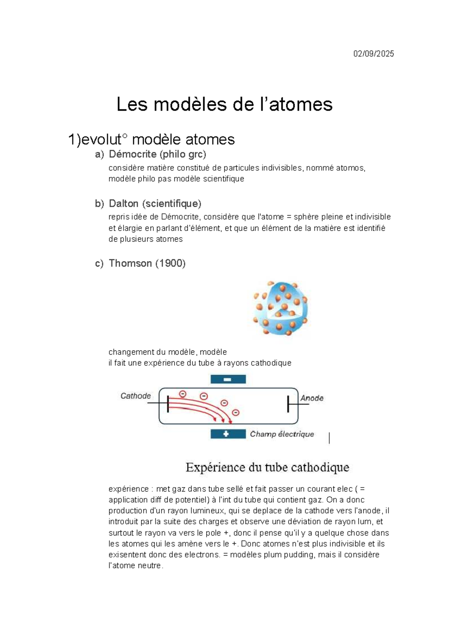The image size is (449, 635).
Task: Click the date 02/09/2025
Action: (x=373, y=54)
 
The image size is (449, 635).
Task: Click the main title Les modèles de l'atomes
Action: (x=224, y=104)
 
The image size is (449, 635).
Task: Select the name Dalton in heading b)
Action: (x=124, y=204)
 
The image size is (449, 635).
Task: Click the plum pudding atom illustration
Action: (x=280, y=308)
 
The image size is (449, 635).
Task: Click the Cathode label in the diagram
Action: (x=135, y=396)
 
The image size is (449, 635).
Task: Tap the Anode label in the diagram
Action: (x=312, y=398)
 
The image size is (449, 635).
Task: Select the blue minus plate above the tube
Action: (x=228, y=379)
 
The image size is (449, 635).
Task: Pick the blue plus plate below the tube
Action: (x=228, y=434)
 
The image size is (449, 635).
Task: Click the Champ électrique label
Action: (x=282, y=434)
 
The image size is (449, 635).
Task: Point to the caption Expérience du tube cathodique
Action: (x=267, y=468)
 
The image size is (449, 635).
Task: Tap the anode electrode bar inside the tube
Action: (x=288, y=404)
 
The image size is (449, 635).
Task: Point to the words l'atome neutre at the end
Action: (x=135, y=566)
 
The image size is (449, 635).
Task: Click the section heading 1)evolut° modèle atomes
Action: (x=151, y=140)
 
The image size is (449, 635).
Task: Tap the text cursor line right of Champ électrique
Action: (x=329, y=438)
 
